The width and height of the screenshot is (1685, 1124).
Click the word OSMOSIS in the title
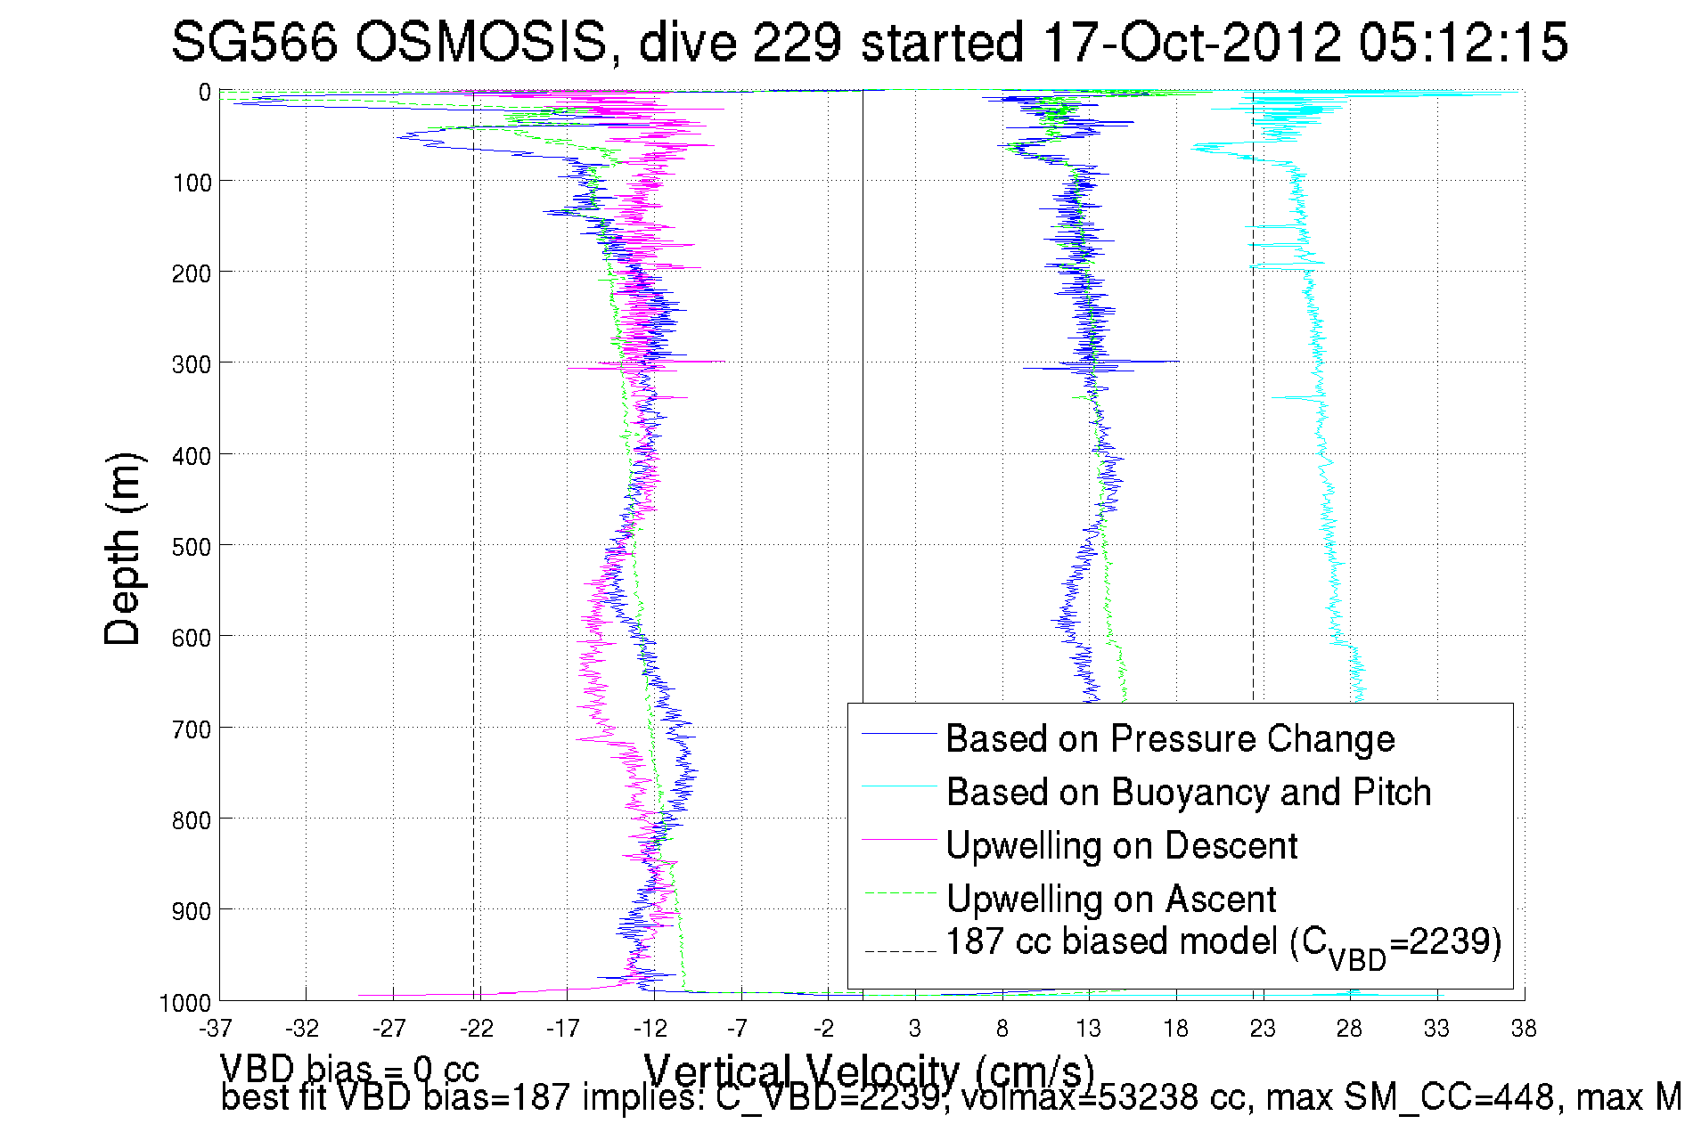[x=480, y=43]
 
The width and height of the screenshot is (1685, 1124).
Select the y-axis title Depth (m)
[x=123, y=549]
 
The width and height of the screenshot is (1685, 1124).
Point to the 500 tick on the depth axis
[x=192, y=547]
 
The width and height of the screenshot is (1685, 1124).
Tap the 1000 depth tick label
[x=185, y=1004]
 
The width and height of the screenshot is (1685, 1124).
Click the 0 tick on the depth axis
[x=205, y=93]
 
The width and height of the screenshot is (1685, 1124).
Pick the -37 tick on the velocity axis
[x=216, y=1030]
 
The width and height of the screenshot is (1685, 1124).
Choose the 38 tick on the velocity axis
[x=1524, y=1030]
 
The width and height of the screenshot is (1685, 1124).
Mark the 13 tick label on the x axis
[x=1088, y=1030]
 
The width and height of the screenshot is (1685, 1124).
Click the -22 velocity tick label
[x=477, y=1030]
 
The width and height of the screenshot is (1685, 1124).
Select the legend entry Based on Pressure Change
[x=1170, y=739]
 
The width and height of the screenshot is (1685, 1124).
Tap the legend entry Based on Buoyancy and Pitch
[x=1189, y=793]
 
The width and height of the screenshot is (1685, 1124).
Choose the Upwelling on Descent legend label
[x=1122, y=846]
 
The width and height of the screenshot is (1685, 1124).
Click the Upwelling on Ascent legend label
[x=1111, y=900]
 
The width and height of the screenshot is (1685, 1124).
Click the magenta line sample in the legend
[x=899, y=840]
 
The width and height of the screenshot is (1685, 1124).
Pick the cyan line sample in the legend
[x=899, y=786]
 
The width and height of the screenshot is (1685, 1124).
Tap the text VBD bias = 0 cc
[x=349, y=1069]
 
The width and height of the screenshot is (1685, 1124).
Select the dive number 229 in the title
[x=798, y=43]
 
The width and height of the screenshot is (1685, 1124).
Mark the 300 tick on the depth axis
[x=192, y=364]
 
